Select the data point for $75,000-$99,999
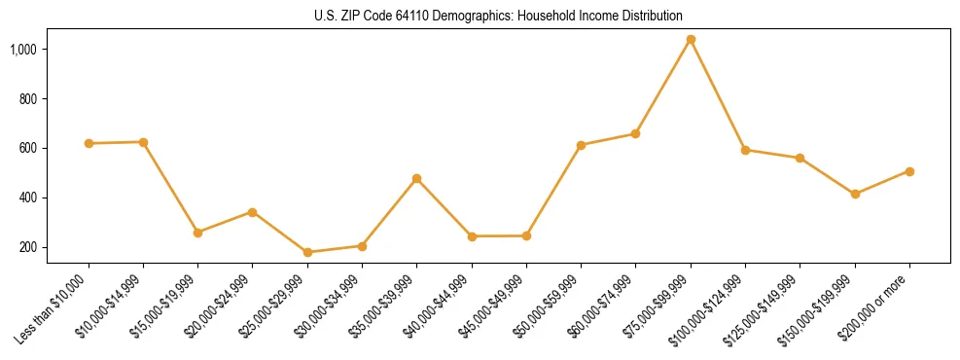691,40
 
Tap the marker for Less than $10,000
89,143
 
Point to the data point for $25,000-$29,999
307,252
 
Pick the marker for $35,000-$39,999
416,178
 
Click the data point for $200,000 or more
909,171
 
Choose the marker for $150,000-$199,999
855,194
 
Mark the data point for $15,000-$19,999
197,233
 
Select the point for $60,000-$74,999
635,133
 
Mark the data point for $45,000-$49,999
526,235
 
